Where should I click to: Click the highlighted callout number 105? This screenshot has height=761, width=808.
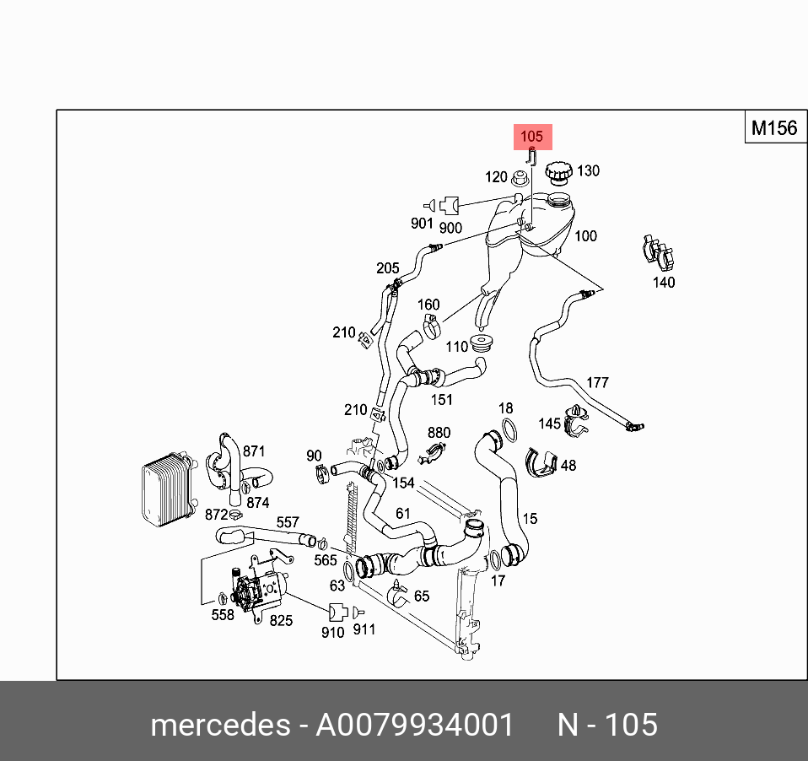tap(532, 137)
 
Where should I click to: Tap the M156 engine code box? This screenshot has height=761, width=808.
tap(773, 128)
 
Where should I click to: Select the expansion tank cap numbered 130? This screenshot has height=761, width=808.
tap(557, 173)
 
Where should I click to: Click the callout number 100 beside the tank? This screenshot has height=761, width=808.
tap(585, 236)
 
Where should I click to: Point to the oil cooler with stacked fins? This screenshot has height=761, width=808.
tap(164, 489)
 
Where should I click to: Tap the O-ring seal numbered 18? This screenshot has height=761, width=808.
tap(507, 429)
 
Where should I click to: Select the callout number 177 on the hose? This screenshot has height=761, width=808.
tap(597, 382)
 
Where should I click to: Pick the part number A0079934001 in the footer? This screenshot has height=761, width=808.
tap(414, 725)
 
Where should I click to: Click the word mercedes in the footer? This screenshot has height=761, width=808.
tap(218, 725)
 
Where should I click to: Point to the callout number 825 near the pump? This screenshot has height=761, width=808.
tap(281, 621)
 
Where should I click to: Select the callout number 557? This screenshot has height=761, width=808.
tap(288, 524)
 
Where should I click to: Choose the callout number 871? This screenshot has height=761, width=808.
tap(254, 451)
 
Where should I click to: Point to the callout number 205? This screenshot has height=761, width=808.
tap(388, 268)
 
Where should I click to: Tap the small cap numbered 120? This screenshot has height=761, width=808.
tap(521, 177)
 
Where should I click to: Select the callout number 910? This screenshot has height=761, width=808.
tap(333, 632)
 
